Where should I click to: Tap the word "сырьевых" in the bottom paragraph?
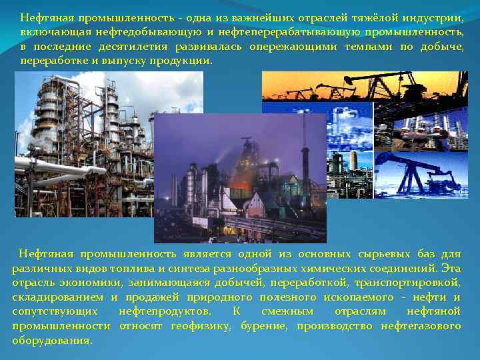[x=371, y=254]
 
